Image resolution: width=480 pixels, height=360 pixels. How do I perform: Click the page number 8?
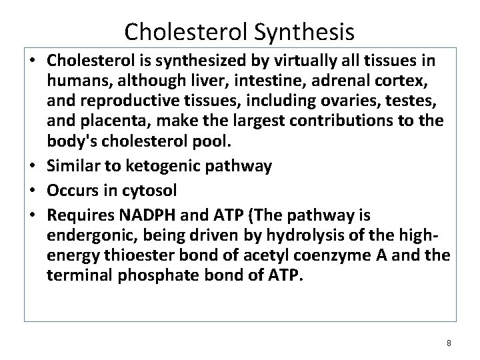click(x=449, y=343)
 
